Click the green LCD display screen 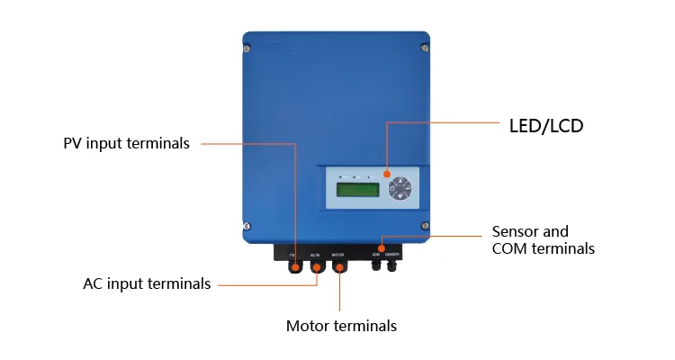(355, 190)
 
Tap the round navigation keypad (400, 189)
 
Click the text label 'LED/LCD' (547, 126)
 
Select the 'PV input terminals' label (126, 144)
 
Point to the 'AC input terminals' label (147, 284)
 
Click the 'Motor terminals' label (341, 326)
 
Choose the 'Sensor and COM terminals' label (543, 240)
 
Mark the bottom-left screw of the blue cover (247, 226)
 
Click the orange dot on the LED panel (386, 173)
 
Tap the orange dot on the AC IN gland (316, 266)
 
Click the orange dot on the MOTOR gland (339, 266)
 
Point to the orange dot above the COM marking (381, 247)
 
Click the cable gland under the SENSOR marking (392, 266)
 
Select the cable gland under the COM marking (376, 266)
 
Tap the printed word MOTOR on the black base (338, 255)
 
